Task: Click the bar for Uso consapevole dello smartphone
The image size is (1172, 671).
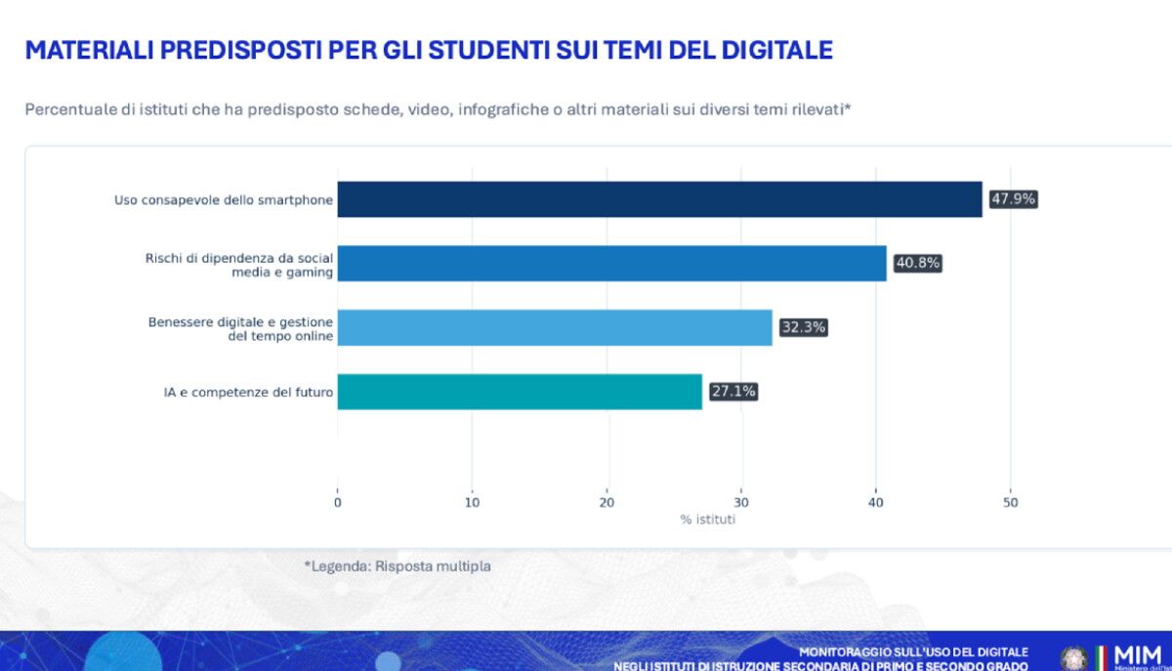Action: [x=659, y=199]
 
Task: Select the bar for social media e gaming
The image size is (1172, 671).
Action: [x=611, y=264]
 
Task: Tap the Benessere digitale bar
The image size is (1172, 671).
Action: [x=555, y=328]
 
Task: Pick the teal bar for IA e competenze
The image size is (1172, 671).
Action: [x=520, y=392]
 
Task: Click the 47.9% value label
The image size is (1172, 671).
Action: [x=1013, y=199]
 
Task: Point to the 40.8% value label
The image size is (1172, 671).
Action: [x=917, y=264]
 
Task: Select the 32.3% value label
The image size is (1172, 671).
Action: [x=803, y=328]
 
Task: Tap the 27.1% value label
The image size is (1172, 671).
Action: [x=733, y=392]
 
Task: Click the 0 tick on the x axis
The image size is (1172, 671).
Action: [x=338, y=502]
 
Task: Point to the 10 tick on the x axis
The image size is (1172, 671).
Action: [x=473, y=502]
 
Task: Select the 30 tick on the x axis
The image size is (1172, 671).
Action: [x=741, y=502]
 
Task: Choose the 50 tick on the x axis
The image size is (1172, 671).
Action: [x=1011, y=502]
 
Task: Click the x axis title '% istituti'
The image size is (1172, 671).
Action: [x=708, y=520]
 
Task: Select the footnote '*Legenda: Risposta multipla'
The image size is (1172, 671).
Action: [x=398, y=566]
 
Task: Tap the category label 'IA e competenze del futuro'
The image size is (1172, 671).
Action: [x=249, y=393]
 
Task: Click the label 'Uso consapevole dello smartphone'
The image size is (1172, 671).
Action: [x=224, y=200]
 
